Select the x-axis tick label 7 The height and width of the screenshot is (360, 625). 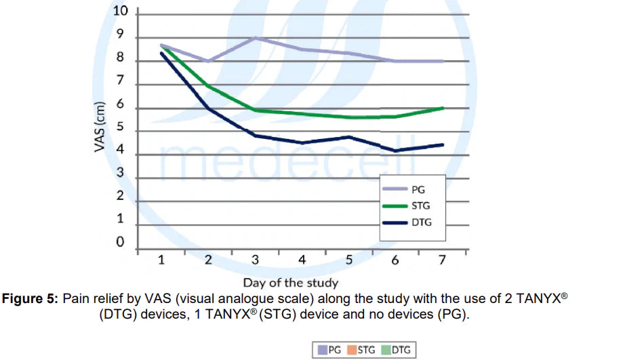[x=443, y=260]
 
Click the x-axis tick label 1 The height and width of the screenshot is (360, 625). [x=161, y=260]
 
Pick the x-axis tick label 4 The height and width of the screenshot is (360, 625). [x=302, y=260]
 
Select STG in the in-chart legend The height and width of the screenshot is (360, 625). [x=420, y=205]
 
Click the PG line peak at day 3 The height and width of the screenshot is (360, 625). [x=254, y=37]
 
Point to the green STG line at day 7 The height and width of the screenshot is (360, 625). [x=443, y=108]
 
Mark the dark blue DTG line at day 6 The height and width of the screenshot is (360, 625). [x=395, y=151]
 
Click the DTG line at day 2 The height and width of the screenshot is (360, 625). [x=207, y=108]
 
